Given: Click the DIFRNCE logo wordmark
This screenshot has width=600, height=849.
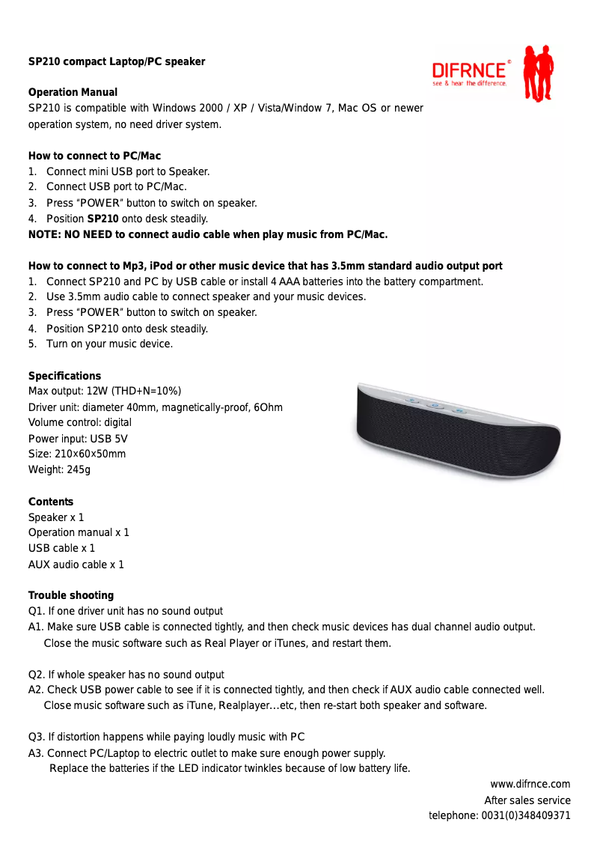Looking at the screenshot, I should (x=469, y=70).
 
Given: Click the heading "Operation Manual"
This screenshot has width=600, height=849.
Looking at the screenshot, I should (x=73, y=92).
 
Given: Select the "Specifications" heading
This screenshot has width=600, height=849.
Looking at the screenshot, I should (x=64, y=376).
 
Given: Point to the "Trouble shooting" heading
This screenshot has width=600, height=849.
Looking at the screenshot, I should (x=71, y=595).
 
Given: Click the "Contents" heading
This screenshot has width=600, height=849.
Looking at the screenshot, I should (x=51, y=502).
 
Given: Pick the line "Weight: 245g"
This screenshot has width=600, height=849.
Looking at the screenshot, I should (x=59, y=469).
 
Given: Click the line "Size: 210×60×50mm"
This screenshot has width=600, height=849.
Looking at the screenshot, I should (x=77, y=454).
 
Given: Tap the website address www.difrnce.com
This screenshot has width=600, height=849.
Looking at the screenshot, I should (x=530, y=784).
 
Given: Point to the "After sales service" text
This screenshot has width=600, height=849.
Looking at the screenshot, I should (x=527, y=800).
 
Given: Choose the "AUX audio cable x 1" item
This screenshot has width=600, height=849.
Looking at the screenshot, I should (x=76, y=565).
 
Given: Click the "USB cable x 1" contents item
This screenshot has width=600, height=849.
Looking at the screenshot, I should (x=61, y=548).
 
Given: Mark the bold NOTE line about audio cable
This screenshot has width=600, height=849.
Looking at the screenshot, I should (x=208, y=234).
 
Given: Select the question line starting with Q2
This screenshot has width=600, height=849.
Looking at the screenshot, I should (x=126, y=675).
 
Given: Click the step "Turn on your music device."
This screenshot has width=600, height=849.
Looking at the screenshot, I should (x=109, y=344).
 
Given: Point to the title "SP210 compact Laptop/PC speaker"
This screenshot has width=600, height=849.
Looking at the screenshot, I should (x=117, y=61).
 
